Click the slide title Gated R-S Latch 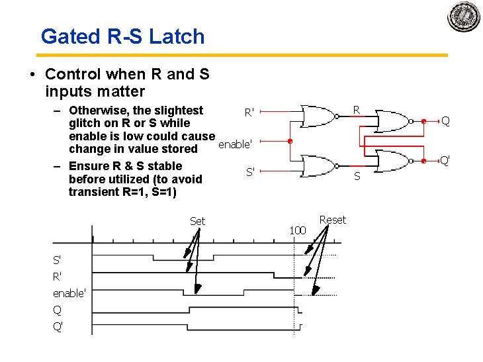click(x=122, y=36)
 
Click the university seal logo click(x=463, y=17)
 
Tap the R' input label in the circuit click(x=249, y=113)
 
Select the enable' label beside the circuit click(x=234, y=144)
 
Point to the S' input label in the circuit click(x=250, y=172)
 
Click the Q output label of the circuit click(x=445, y=121)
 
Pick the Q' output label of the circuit click(x=446, y=160)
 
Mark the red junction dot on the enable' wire click(x=290, y=141)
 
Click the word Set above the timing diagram click(x=197, y=221)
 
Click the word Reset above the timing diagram click(x=332, y=220)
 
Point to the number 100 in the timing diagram click(x=298, y=230)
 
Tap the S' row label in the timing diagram click(x=58, y=260)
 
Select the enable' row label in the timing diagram click(x=69, y=293)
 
